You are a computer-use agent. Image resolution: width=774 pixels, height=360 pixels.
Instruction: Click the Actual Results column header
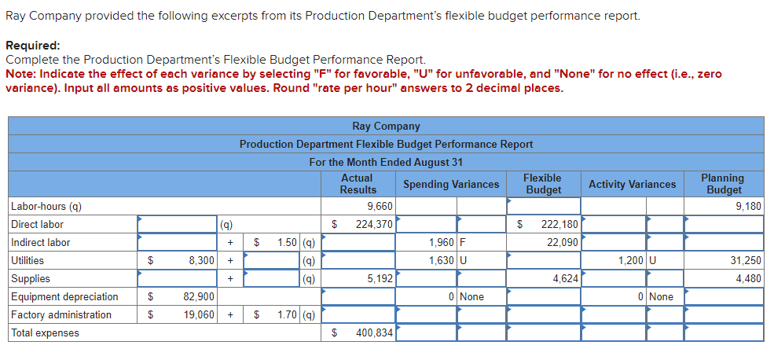(x=358, y=184)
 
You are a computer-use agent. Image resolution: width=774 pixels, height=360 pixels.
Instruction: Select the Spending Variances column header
(x=450, y=184)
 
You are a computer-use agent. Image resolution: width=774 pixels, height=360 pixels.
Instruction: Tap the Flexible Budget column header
(x=543, y=184)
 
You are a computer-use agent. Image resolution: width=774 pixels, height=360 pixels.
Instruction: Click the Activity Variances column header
(x=632, y=184)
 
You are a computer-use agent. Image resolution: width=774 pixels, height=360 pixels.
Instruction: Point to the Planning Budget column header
(x=724, y=184)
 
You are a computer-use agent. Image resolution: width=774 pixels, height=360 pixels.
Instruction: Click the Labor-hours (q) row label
(x=46, y=207)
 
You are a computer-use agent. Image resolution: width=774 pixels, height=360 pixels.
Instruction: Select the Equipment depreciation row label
(x=64, y=297)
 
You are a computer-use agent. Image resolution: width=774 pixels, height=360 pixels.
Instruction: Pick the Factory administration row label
(x=61, y=315)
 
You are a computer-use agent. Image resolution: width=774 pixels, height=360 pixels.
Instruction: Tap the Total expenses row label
(x=45, y=333)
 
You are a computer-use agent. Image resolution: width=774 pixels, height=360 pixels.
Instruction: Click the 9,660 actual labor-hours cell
(x=380, y=207)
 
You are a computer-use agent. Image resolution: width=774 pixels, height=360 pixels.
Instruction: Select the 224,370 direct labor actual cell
(x=373, y=225)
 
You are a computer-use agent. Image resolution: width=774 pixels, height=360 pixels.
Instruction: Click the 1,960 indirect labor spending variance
(x=442, y=243)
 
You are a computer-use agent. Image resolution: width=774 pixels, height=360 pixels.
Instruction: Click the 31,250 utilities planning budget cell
(x=745, y=261)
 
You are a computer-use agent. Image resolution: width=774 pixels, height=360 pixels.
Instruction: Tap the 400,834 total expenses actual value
(x=373, y=333)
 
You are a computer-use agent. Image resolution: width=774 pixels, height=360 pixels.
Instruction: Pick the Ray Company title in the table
(x=386, y=126)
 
